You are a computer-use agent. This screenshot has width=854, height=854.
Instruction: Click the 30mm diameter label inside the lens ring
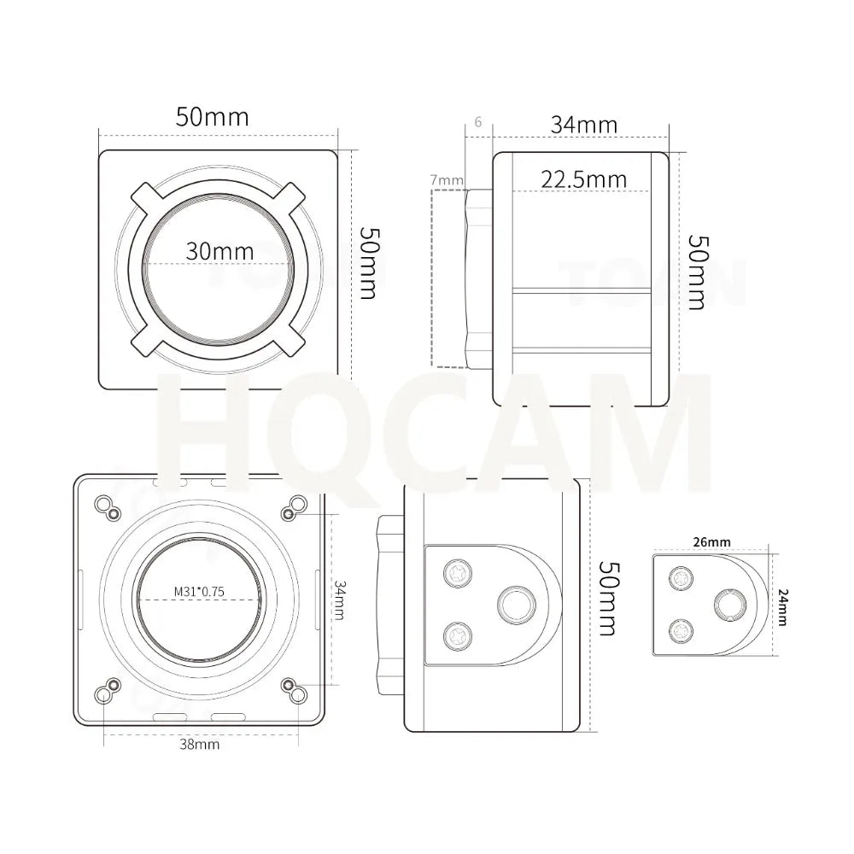(x=219, y=251)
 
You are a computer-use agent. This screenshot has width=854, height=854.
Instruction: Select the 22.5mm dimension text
(x=583, y=179)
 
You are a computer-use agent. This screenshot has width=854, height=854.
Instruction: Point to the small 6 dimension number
(x=477, y=122)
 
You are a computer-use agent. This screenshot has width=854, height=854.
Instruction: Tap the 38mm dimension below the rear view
(x=199, y=744)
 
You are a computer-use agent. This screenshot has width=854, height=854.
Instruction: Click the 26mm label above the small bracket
(x=711, y=541)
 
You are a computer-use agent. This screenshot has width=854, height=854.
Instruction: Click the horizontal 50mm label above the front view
(x=212, y=116)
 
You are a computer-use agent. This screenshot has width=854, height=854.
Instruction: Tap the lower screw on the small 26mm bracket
(x=681, y=630)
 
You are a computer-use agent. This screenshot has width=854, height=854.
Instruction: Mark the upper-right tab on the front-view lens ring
(x=291, y=195)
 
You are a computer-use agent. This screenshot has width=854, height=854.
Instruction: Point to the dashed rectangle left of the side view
(x=449, y=278)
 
